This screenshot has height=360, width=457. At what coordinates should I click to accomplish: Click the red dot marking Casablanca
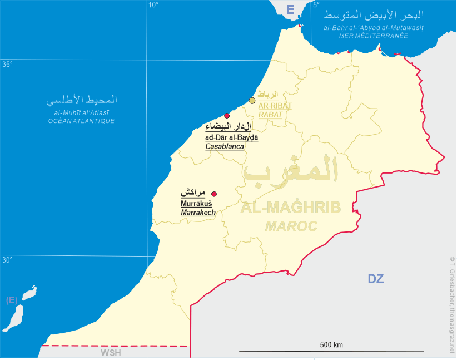point(227,116)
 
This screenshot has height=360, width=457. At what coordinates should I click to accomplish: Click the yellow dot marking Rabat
point(252,101)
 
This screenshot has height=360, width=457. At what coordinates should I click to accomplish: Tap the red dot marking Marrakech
point(214,194)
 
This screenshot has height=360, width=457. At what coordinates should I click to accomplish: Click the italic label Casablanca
point(225,146)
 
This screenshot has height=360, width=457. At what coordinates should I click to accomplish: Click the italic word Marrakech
point(198,213)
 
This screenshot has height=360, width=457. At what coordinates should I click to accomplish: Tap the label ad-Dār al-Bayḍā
point(232,137)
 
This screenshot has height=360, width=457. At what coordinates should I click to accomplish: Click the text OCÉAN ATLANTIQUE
point(81,121)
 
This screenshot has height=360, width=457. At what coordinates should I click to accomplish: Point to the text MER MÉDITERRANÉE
point(374,36)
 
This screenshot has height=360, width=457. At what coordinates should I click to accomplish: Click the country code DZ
point(376,279)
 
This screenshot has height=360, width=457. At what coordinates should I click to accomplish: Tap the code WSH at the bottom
point(111,353)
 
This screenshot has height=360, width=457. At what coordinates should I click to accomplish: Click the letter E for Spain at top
point(290,9)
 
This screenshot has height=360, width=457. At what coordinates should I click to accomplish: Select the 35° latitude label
point(7,65)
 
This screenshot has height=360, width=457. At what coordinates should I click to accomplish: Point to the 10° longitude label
point(153,5)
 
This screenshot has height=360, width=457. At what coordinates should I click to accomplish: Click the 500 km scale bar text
point(331,345)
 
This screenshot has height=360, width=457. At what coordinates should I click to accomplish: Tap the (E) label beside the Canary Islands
point(12,300)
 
